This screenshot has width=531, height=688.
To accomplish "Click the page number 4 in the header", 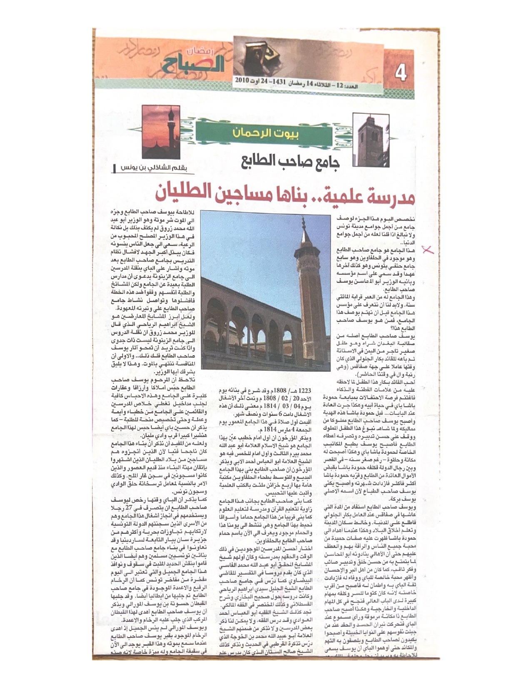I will point(401,75).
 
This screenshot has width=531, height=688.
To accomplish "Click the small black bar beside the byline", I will point(115,168).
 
